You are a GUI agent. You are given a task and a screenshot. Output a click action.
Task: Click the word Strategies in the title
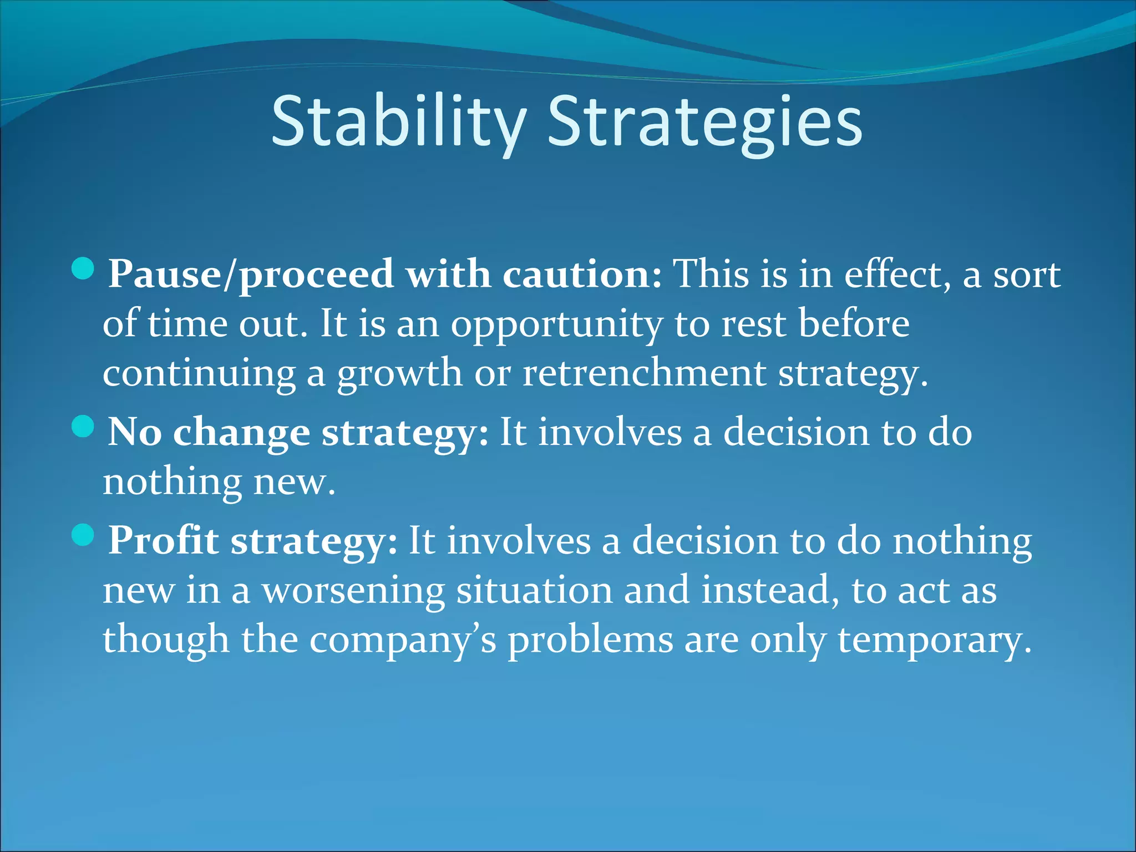coord(704,122)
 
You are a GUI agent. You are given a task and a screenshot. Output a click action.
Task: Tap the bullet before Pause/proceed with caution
coord(83,268)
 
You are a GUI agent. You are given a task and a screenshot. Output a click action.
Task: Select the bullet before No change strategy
coord(83,427)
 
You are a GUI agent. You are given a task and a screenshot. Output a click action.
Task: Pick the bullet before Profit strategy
coord(83,535)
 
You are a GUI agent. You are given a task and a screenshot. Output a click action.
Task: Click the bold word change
coord(241,432)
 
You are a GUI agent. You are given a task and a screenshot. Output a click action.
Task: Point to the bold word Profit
coord(163,540)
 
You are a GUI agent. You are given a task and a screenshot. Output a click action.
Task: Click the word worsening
coord(353,590)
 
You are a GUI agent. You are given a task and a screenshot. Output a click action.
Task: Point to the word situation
coord(534,590)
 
